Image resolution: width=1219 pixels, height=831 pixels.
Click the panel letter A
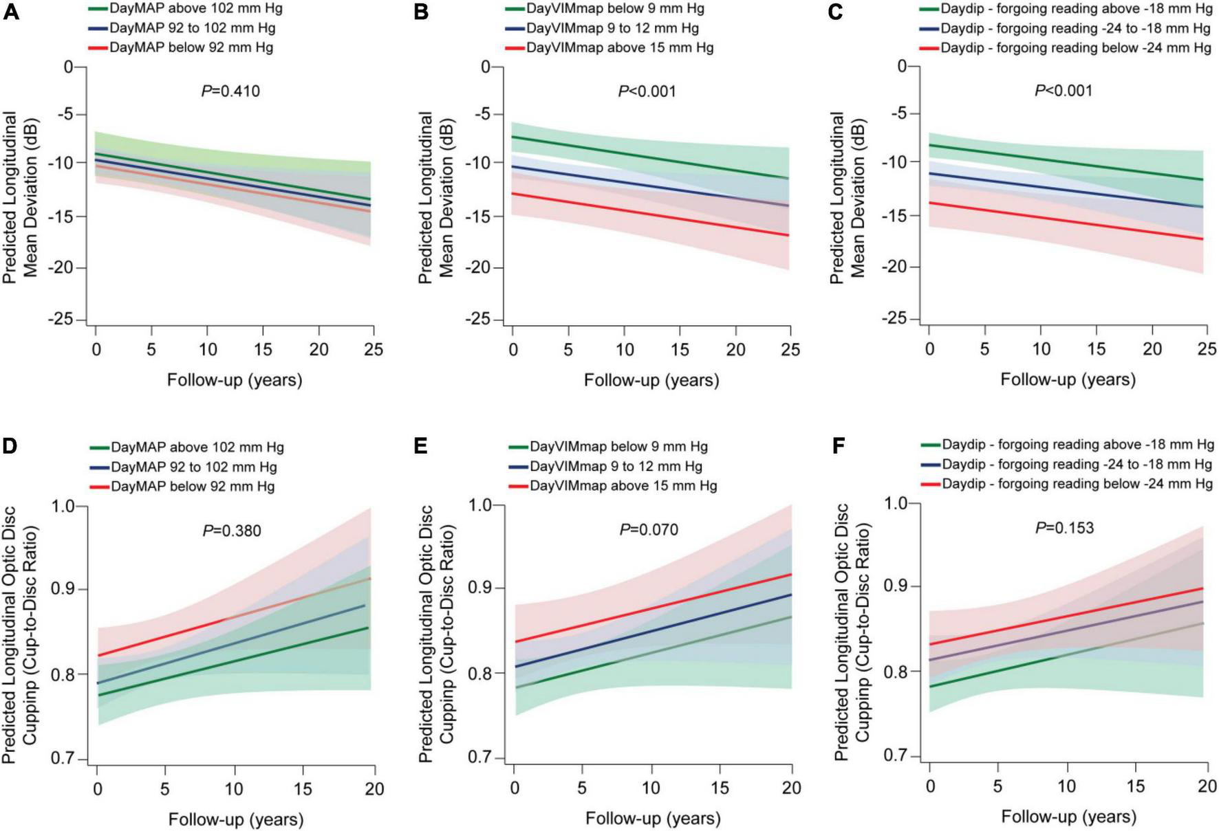point(11,12)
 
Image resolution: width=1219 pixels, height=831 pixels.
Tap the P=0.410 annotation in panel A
point(230,91)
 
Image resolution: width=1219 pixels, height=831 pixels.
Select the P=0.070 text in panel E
point(649,529)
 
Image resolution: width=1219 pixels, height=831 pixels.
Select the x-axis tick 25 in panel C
point(1207,349)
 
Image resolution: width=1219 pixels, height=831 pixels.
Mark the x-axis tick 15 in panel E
point(720,788)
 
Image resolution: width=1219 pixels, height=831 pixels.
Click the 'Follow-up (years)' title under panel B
point(651,380)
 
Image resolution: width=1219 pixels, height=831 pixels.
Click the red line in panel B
point(650,214)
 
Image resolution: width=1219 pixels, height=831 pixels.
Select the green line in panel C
point(1066,162)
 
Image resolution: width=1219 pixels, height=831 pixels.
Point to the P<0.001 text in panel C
point(1064,91)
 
